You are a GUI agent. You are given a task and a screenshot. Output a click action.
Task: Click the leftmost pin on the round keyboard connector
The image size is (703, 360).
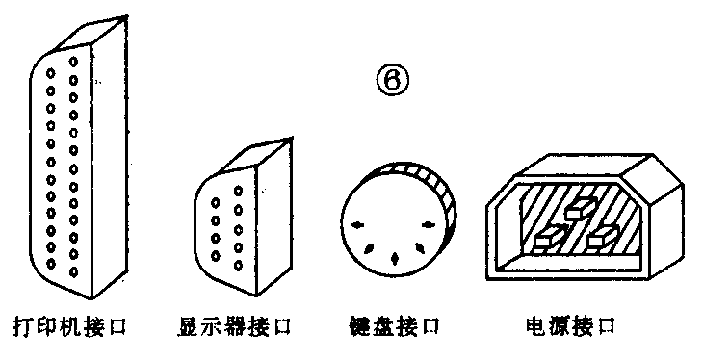point(358,225)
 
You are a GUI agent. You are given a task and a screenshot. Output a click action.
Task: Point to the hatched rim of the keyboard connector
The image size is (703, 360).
point(424,175)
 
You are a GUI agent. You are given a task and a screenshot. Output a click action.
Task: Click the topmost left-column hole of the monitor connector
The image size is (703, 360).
point(216,203)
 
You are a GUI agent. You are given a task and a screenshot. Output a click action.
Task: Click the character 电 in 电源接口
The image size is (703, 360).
point(536,325)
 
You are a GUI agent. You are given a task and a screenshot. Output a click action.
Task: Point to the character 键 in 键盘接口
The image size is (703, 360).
point(357,325)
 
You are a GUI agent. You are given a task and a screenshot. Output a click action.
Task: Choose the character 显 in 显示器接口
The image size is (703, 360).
point(190,326)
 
